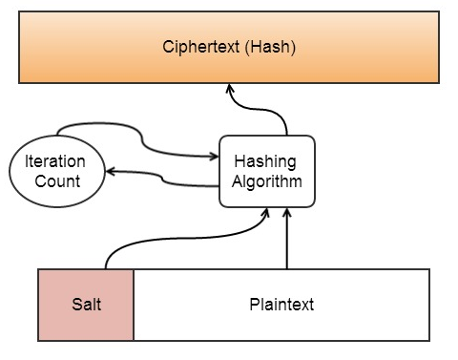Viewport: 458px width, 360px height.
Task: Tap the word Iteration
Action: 55,162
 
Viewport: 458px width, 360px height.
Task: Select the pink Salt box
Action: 86,305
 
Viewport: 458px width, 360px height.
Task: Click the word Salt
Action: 86,305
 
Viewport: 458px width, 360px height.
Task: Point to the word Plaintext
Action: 281,305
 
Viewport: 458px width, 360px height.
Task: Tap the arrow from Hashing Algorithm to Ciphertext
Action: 272,113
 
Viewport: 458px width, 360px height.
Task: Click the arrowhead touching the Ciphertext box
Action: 229,89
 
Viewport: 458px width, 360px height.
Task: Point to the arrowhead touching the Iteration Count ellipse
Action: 109,172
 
